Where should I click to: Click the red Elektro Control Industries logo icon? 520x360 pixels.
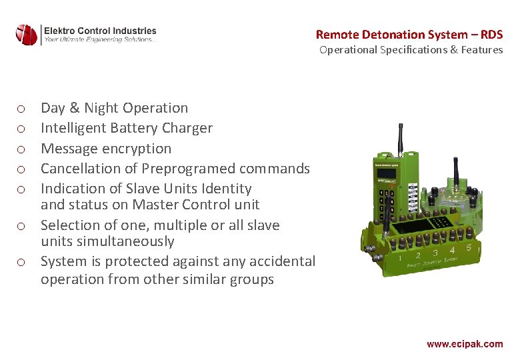[x=27, y=34]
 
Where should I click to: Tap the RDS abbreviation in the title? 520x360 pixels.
[x=490, y=35]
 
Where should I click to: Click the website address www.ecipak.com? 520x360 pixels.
[x=465, y=344]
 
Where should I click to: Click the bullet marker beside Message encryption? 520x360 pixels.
[x=21, y=149]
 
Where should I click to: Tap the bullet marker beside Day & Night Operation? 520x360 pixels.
[x=21, y=108]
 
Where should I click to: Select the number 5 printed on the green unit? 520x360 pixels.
[x=469, y=248]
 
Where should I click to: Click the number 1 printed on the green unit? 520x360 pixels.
[x=400, y=258]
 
